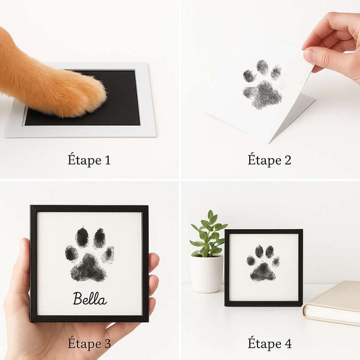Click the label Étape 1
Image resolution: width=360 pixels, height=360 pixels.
tap(89, 160)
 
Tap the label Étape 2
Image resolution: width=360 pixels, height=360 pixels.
tap(269, 160)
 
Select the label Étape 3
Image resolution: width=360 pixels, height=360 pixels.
tap(89, 344)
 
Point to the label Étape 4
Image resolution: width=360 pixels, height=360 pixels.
tap(269, 344)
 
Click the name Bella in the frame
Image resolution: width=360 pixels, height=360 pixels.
tap(90, 299)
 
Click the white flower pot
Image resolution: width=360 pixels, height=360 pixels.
tap(207, 274)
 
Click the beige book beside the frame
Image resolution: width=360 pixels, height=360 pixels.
tap(332, 303)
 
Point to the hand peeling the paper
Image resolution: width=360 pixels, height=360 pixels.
tap(333, 44)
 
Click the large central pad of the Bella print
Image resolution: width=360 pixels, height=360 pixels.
tap(89, 268)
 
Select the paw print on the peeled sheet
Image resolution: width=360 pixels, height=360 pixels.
tap(263, 84)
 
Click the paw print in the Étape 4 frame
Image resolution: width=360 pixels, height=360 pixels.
tap(263, 263)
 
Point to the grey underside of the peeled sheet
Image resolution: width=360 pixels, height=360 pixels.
tap(292, 117)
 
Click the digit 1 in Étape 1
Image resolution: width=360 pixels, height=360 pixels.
tap(107, 160)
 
